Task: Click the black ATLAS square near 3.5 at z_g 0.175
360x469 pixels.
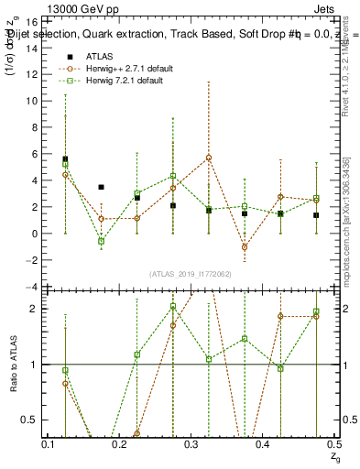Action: tap(102, 187)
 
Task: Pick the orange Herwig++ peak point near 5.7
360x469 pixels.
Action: tap(209, 158)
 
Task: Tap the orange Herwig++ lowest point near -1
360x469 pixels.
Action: tap(245, 247)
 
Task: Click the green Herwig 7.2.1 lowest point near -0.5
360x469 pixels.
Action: tap(102, 241)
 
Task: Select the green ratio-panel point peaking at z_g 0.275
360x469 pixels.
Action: tap(173, 307)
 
